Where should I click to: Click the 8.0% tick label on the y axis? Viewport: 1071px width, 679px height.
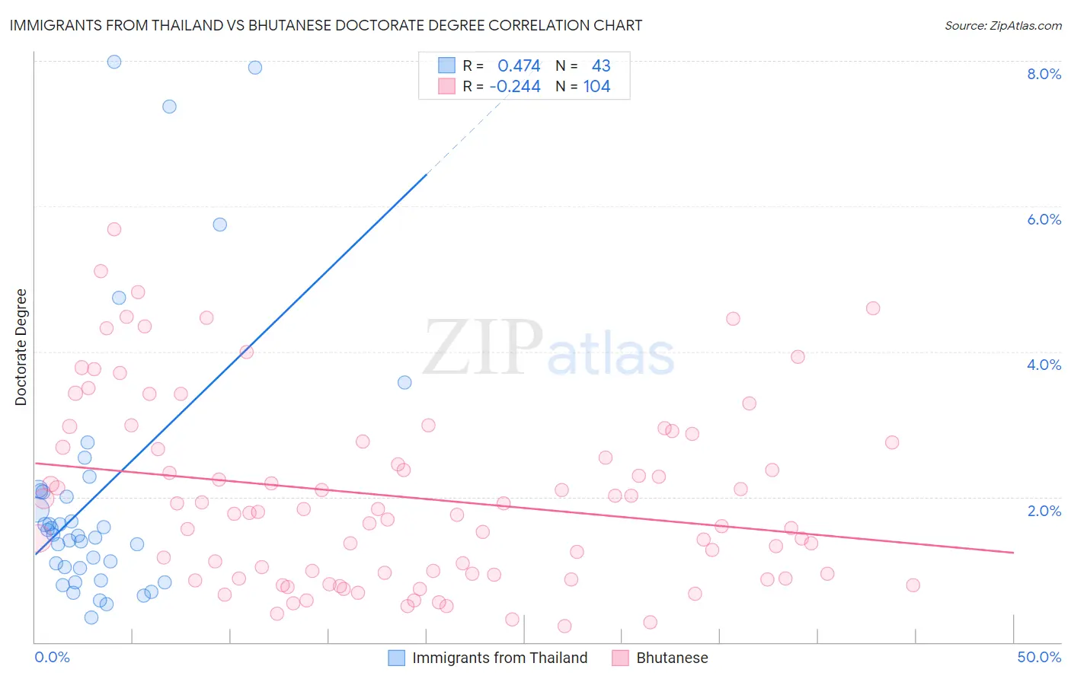(1044, 74)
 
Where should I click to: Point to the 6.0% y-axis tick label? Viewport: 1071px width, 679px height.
(1044, 219)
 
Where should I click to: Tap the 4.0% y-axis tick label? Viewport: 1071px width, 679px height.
(1044, 365)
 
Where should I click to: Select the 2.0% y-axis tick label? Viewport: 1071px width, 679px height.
(1044, 511)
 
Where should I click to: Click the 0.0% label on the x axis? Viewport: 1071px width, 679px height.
(52, 657)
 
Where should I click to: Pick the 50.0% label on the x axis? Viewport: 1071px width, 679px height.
(1039, 657)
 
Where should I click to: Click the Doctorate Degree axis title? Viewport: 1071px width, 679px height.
(21, 347)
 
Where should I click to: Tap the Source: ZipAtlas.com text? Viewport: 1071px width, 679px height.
(1003, 25)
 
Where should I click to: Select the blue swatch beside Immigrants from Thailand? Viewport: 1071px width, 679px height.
(397, 658)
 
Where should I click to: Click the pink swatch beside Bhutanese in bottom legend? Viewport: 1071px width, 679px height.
(621, 658)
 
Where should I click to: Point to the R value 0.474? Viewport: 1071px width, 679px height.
(519, 65)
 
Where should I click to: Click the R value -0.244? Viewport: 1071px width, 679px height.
(515, 86)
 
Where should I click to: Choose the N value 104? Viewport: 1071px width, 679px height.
(597, 86)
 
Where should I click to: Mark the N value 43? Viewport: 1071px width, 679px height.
(601, 65)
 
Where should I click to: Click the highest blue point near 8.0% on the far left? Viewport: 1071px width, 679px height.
(114, 62)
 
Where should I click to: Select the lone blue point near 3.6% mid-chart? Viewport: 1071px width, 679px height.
(404, 382)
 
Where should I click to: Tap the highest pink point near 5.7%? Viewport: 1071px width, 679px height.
(114, 229)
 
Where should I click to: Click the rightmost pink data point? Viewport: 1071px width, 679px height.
(913, 585)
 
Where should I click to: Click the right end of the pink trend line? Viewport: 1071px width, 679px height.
(1013, 552)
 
